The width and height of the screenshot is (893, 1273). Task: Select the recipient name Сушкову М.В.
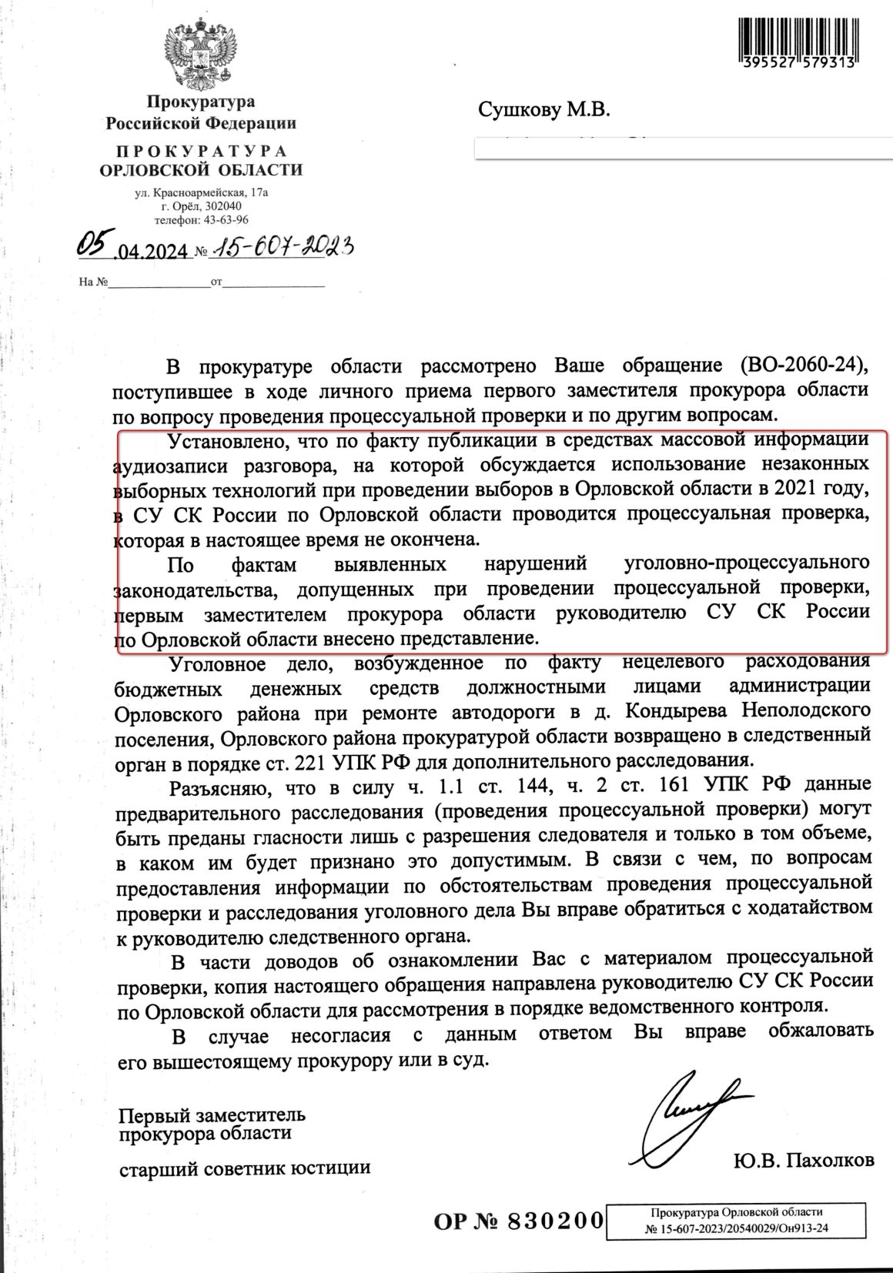click(x=544, y=110)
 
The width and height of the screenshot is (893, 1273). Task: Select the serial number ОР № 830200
click(x=517, y=1221)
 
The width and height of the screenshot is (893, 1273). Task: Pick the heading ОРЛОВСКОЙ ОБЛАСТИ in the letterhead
click(x=202, y=170)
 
